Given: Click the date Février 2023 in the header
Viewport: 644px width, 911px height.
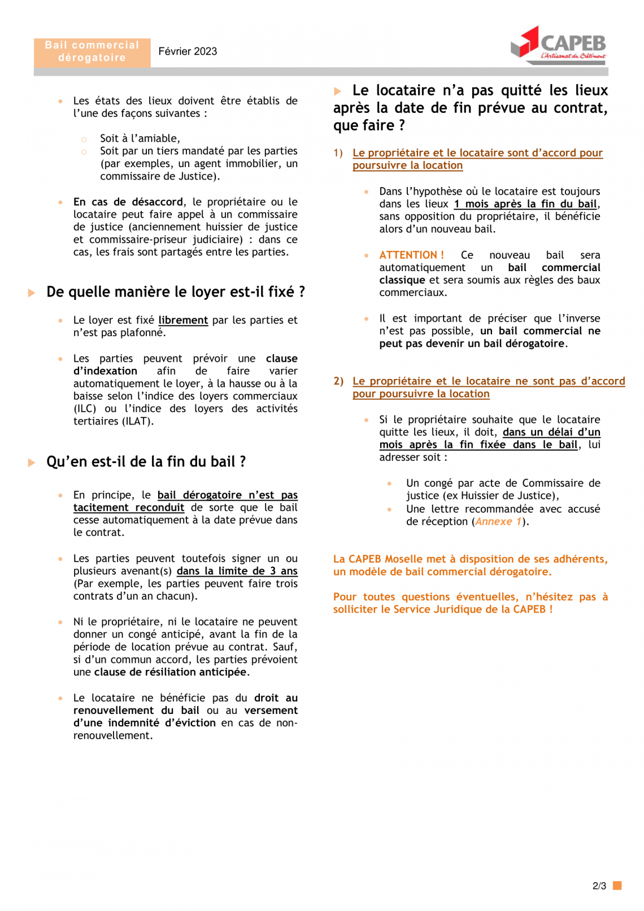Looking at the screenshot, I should click(188, 51).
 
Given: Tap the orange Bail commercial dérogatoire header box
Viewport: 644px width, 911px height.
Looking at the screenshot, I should click(92, 51).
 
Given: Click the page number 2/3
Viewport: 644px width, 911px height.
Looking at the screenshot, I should click(599, 886).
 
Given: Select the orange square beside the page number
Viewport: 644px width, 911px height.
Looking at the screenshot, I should click(617, 885).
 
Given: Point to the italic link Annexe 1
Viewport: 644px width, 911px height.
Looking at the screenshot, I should click(498, 522).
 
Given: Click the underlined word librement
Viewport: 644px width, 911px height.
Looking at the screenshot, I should click(183, 320).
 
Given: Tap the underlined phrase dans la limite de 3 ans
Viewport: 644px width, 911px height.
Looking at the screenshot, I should click(237, 571).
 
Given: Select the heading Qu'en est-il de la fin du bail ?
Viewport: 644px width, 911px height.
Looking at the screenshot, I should click(146, 462).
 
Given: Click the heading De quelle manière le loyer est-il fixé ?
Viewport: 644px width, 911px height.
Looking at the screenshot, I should click(175, 292).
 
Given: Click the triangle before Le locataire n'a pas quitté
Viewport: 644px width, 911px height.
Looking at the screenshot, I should click(338, 91).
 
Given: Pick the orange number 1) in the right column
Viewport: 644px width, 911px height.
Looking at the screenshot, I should click(338, 153).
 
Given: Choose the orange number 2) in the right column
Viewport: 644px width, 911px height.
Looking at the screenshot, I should click(338, 381).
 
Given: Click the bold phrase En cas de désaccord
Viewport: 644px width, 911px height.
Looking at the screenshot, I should click(128, 202).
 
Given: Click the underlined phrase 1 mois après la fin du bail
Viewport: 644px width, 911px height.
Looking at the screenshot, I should click(525, 204).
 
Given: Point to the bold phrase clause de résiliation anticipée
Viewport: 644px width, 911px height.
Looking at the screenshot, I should click(171, 672).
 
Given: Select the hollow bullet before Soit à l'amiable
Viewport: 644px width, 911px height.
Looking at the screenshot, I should click(84, 139).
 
